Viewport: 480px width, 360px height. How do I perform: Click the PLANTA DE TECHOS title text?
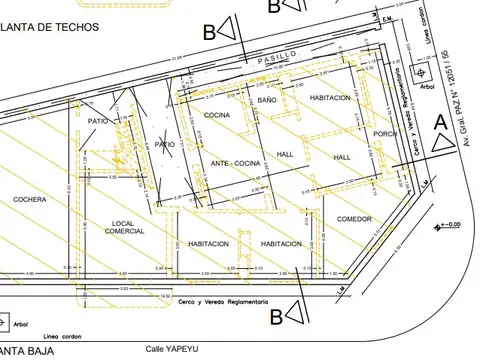pyautogui.click(x=50, y=28)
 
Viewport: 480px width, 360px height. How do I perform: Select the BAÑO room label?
pyautogui.click(x=266, y=101)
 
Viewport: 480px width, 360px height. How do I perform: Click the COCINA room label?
pyautogui.click(x=218, y=116)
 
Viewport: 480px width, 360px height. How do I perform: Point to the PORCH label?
pyautogui.click(x=385, y=133)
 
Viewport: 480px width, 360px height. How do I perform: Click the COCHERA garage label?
pyautogui.click(x=30, y=200)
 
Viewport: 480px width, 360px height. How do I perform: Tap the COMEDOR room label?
pyautogui.click(x=354, y=219)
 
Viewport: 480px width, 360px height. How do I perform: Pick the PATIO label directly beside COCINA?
pyautogui.click(x=164, y=144)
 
